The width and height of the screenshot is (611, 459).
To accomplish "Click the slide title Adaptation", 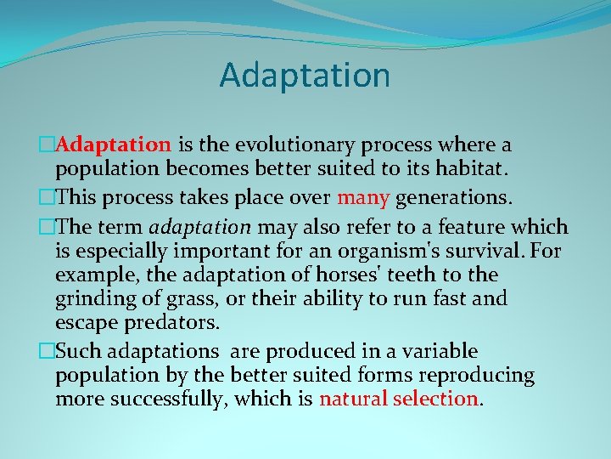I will coord(305,75).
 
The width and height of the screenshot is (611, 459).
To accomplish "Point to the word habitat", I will coord(469,169).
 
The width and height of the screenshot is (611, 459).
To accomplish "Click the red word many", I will coord(363,199).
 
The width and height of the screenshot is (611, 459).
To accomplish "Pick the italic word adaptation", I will coord(201,228).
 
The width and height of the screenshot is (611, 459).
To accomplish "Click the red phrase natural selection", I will coord(399,399).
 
